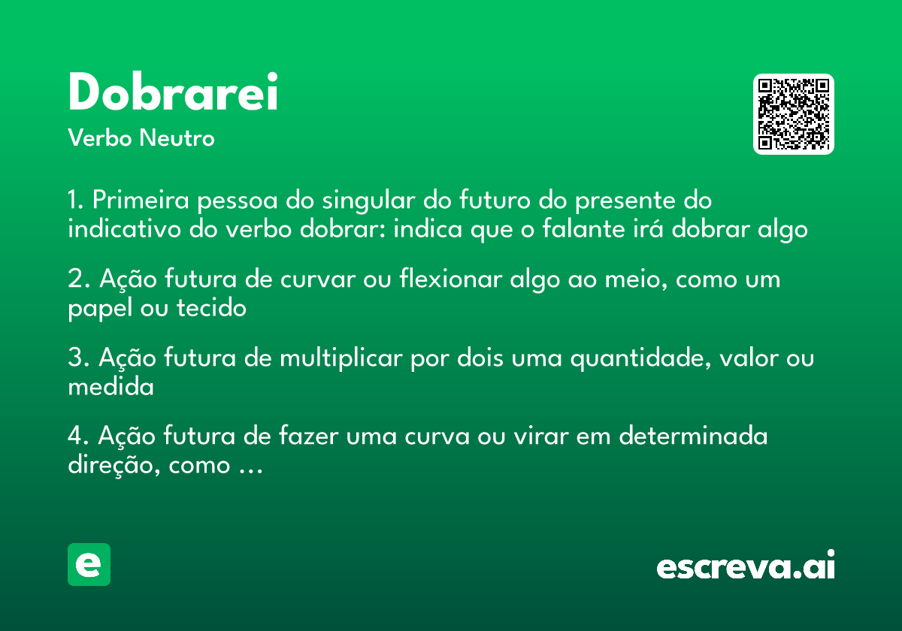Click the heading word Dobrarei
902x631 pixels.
click(x=173, y=93)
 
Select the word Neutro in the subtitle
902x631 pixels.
click(x=177, y=138)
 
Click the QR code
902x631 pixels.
click(x=794, y=114)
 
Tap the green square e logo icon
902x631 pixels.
click(x=89, y=564)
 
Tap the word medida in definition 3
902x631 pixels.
click(x=110, y=387)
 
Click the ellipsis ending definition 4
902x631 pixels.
click(x=249, y=468)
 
